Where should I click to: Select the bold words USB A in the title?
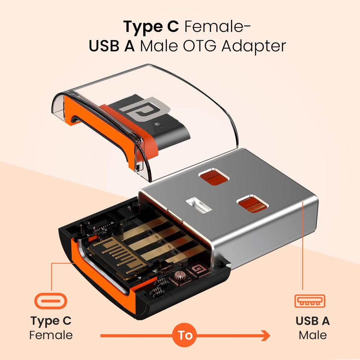[112, 46]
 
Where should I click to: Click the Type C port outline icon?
[51, 301]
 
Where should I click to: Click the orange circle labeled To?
[185, 336]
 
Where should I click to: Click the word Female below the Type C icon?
[51, 335]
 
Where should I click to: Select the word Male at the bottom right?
[312, 335]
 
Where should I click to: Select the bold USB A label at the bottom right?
[312, 320]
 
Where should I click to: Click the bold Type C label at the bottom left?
[51, 320]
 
